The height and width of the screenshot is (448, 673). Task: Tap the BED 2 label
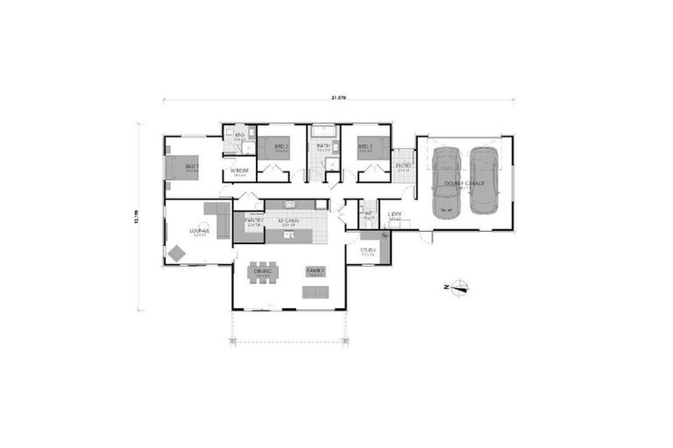pyautogui.click(x=281, y=146)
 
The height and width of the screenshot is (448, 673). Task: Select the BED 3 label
pyautogui.click(x=365, y=146)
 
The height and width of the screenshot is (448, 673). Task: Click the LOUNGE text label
pyautogui.click(x=198, y=232)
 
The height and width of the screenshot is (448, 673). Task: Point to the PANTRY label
pyautogui.click(x=254, y=220)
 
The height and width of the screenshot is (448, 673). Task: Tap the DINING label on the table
pyautogui.click(x=262, y=271)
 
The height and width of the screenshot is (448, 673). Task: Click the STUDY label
pyautogui.click(x=368, y=250)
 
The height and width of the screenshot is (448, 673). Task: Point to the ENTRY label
pyautogui.click(x=403, y=165)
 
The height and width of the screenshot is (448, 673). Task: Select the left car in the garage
pyautogui.click(x=446, y=180)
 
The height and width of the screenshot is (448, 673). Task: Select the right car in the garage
pyautogui.click(x=483, y=180)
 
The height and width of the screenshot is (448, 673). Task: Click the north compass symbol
pyautogui.click(x=459, y=286)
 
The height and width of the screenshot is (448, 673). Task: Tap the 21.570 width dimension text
pyautogui.click(x=338, y=98)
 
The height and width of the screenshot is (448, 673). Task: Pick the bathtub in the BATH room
pyautogui.click(x=323, y=132)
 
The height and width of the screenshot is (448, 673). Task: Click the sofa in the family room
pyautogui.click(x=315, y=291)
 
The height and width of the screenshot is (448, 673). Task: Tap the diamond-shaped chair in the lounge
pyautogui.click(x=177, y=254)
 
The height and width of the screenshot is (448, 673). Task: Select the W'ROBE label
pyautogui.click(x=239, y=171)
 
